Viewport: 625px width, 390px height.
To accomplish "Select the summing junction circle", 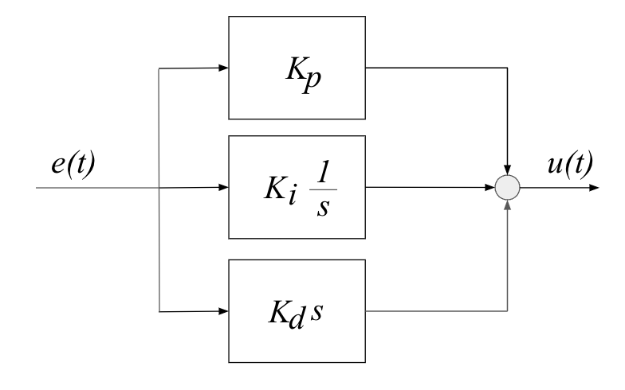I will coord(508,189).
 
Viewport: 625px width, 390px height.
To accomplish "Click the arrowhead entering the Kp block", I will coord(222,67).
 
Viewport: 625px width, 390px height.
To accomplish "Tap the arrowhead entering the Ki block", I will coord(222,189).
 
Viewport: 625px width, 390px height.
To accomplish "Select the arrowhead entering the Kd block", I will coord(222,310).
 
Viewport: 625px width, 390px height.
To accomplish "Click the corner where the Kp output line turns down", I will coord(508,67).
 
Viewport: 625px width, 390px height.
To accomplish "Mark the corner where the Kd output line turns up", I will coord(508,310).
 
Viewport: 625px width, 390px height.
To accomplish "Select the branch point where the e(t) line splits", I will coord(160,189).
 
